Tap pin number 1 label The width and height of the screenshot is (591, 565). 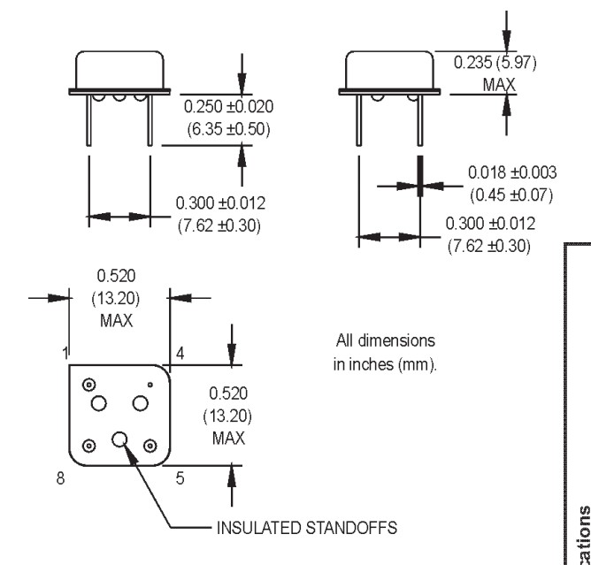click(65, 353)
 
